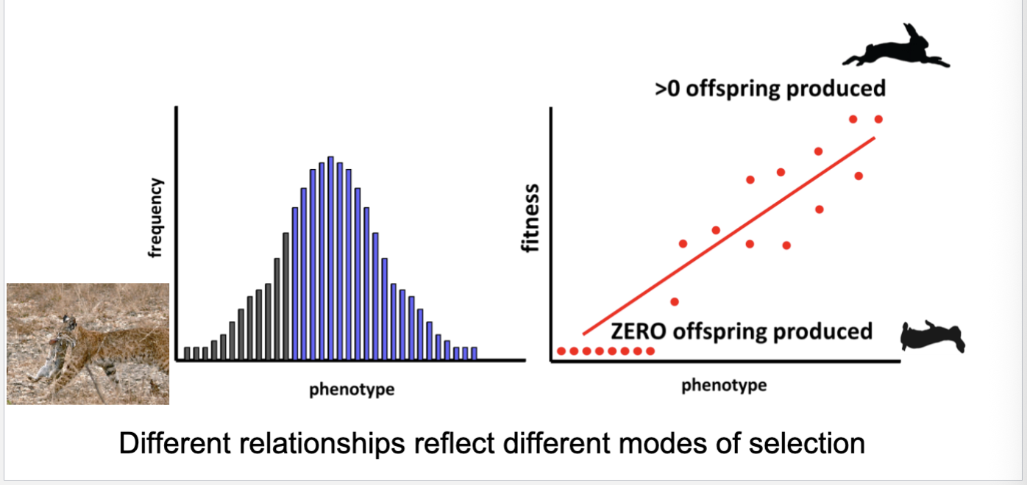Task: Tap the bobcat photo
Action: pos(88,344)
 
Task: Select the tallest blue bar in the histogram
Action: pos(331,258)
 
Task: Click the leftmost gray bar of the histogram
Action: pos(188,353)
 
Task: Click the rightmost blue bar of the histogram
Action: pos(474,353)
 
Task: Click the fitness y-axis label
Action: pos(531,218)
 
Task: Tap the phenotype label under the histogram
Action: pos(351,389)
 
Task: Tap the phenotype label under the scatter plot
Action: pos(724,385)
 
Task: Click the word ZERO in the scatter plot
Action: pos(637,331)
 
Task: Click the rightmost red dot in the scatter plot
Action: pos(878,119)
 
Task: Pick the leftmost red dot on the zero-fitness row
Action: pos(561,351)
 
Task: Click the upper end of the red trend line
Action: pos(874,137)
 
